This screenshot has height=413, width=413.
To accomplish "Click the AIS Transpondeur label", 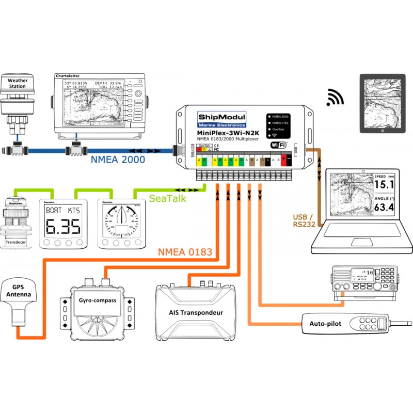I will [196, 313].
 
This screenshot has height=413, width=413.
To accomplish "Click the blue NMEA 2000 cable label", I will [118, 160].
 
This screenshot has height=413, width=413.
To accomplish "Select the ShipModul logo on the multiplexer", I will [223, 118].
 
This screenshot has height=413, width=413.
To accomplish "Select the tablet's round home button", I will [382, 131].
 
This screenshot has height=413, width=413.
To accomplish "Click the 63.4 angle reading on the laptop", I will [384, 208].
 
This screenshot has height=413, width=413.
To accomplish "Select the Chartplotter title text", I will [69, 76].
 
